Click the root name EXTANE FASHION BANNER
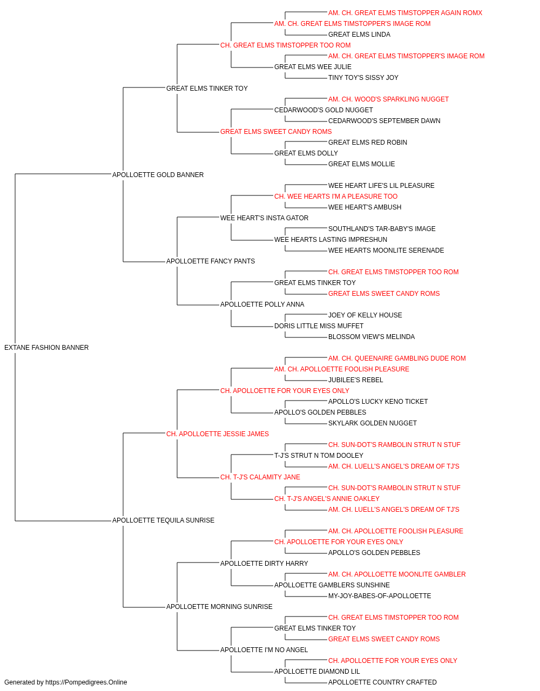[46, 348]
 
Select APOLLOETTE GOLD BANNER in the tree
[158, 175]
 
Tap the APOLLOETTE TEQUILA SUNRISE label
[163, 520]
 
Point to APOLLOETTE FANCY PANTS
[211, 261]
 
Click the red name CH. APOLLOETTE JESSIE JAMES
[218, 434]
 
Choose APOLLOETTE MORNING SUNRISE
[219, 607]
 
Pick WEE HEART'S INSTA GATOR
[264, 218]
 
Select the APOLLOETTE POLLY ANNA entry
[262, 304]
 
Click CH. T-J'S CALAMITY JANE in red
[260, 477]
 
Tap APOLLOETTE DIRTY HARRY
[264, 564]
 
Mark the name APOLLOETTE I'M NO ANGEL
[264, 650]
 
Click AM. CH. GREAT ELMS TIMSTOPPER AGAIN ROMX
[405, 13]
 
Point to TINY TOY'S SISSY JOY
[363, 78]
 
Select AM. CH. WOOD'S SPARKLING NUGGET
[388, 99]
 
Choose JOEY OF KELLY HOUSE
[365, 315]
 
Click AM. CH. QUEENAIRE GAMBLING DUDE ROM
[397, 358]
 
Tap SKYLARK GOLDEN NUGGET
[373, 423]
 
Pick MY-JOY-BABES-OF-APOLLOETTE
[380, 596]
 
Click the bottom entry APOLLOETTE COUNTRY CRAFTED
[382, 682]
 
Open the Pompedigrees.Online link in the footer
[86, 682]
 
